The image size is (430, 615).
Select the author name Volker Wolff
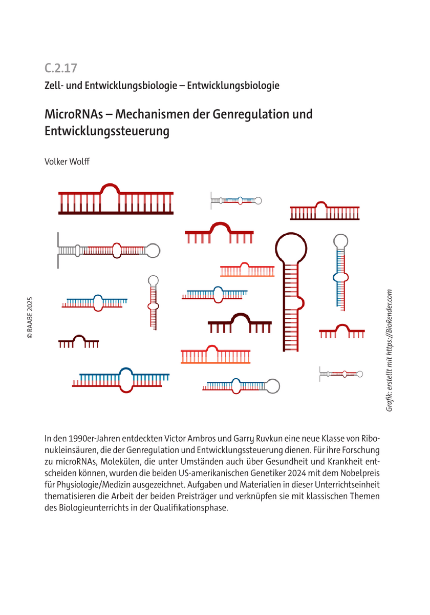[x=68, y=161]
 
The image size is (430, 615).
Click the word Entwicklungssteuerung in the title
[x=107, y=131]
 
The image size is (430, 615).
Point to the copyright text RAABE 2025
[x=30, y=318]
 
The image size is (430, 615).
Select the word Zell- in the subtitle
[x=56, y=86]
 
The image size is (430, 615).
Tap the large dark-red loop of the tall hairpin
[x=290, y=248]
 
